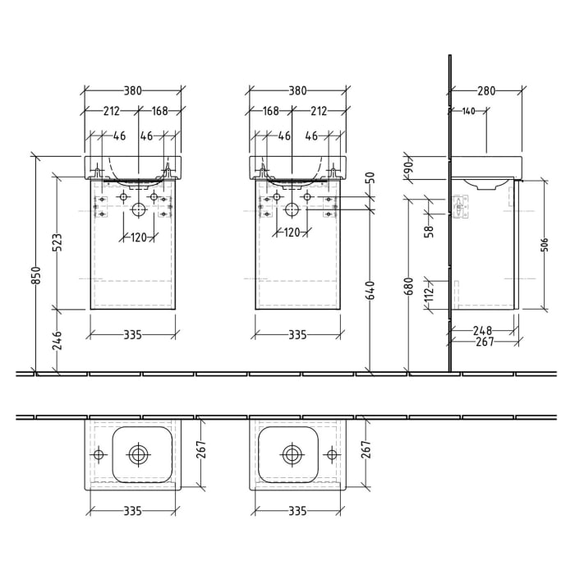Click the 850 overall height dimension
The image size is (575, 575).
tap(35, 279)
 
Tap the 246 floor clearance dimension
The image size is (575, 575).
tap(57, 340)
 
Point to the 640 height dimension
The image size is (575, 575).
tap(370, 289)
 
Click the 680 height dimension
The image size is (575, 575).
tap(408, 285)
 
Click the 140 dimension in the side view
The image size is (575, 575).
tap(468, 111)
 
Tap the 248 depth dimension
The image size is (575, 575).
tap(484, 330)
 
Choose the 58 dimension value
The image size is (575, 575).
tap(429, 232)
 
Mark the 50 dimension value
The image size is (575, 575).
tap(370, 177)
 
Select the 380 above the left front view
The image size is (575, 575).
tap(133, 91)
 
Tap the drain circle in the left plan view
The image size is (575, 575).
tap(137, 453)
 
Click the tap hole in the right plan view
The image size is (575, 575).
tap(332, 453)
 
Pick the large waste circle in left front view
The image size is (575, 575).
tap(137, 211)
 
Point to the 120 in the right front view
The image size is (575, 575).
tap(292, 232)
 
